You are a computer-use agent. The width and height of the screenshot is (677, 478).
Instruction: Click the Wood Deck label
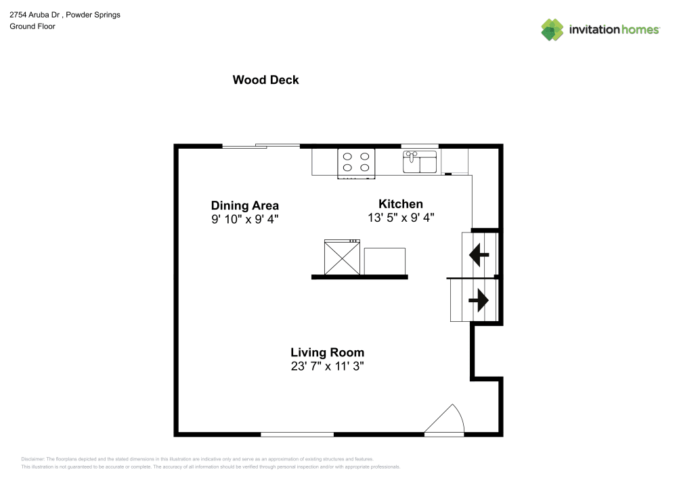tap(265, 80)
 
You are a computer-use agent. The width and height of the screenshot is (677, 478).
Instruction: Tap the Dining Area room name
tap(245, 206)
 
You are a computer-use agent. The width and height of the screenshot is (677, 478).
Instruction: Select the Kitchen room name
tap(401, 204)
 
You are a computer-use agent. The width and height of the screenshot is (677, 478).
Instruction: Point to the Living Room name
tap(327, 352)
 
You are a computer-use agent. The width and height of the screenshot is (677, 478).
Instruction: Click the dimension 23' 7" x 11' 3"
tap(327, 366)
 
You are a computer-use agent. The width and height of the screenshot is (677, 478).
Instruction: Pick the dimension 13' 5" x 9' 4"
tap(401, 218)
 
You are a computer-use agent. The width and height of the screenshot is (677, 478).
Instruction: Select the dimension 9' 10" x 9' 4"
tap(245, 219)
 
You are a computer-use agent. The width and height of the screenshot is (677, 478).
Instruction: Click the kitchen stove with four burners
tap(356, 164)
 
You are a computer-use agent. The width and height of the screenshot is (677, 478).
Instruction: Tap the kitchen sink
tap(420, 162)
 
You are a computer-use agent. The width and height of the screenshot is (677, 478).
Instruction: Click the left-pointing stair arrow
tap(479, 255)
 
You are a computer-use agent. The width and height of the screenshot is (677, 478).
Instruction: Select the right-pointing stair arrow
tap(479, 300)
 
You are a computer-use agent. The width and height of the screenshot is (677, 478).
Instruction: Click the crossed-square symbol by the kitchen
tap(342, 258)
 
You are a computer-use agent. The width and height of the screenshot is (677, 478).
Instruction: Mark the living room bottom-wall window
tap(297, 435)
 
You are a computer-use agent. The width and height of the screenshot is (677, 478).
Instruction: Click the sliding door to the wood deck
tap(261, 146)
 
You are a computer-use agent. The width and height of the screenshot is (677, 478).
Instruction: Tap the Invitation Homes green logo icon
tap(552, 30)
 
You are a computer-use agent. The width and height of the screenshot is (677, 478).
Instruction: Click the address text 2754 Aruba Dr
tap(35, 15)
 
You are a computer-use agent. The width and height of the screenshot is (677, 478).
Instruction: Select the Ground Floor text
tap(32, 26)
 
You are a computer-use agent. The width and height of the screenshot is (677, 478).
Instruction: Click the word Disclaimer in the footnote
tap(32, 459)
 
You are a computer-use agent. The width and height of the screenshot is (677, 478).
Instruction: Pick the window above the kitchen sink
tap(420, 146)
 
